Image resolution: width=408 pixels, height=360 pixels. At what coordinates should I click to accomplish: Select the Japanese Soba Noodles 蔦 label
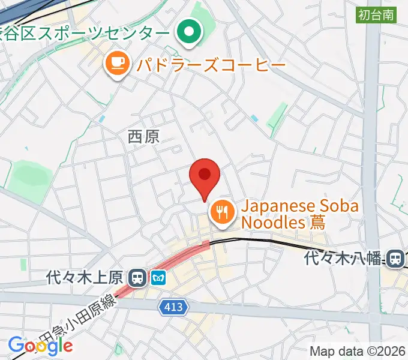pyautogui.click(x=300, y=214)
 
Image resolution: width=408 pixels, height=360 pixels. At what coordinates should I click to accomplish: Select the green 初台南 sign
pyautogui.click(x=376, y=15)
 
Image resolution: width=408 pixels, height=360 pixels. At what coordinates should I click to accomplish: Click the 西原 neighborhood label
pyautogui.click(x=143, y=137)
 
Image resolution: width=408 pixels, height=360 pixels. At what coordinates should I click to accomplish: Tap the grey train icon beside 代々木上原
pyautogui.click(x=137, y=277)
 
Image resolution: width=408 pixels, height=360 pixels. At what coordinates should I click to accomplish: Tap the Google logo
pyautogui.click(x=40, y=345)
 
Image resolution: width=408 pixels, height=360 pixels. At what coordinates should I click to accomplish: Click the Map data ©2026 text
pyautogui.click(x=357, y=350)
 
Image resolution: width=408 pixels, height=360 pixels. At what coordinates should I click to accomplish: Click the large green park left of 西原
pyautogui.click(x=28, y=178)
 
